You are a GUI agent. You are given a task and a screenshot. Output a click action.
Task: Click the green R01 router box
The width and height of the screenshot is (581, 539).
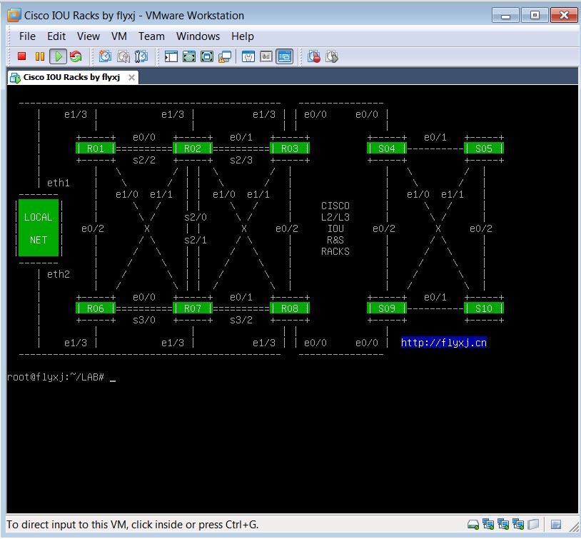point(96,148)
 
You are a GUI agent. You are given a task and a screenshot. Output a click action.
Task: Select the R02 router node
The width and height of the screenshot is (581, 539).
point(193,148)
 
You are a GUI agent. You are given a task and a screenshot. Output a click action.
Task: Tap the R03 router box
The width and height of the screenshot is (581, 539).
point(290,148)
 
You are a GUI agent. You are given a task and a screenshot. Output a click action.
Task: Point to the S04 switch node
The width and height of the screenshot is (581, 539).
point(387,148)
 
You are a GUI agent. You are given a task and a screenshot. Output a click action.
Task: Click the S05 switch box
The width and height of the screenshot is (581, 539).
point(484,148)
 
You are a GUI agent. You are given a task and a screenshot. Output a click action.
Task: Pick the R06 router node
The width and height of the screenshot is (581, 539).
point(96,308)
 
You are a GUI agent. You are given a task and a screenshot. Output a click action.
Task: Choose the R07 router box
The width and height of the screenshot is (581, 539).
point(193,308)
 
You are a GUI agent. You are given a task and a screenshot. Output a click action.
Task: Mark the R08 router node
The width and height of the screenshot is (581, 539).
point(290,308)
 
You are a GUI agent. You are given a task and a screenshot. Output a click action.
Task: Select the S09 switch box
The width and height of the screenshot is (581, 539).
point(387,308)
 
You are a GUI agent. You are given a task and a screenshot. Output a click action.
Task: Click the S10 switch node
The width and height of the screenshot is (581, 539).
point(484,308)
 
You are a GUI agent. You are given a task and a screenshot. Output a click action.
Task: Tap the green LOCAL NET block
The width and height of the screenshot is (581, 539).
point(39,228)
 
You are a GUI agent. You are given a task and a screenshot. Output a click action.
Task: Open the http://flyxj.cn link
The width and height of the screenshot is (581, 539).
point(444,343)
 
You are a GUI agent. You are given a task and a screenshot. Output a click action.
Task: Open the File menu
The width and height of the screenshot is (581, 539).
point(27,36)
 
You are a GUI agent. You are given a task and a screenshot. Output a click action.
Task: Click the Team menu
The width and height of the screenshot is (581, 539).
point(151,36)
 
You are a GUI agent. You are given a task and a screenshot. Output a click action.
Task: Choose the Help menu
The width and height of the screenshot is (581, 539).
point(243,36)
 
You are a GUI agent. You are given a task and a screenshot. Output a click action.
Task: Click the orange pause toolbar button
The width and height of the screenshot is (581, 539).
point(40,56)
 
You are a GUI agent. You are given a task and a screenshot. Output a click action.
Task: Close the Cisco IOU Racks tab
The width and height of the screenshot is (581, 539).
point(131,78)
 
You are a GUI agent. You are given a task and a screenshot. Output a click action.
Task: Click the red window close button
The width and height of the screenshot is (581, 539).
point(564,15)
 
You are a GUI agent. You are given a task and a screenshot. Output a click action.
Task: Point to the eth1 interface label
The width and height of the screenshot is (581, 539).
point(59,183)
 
